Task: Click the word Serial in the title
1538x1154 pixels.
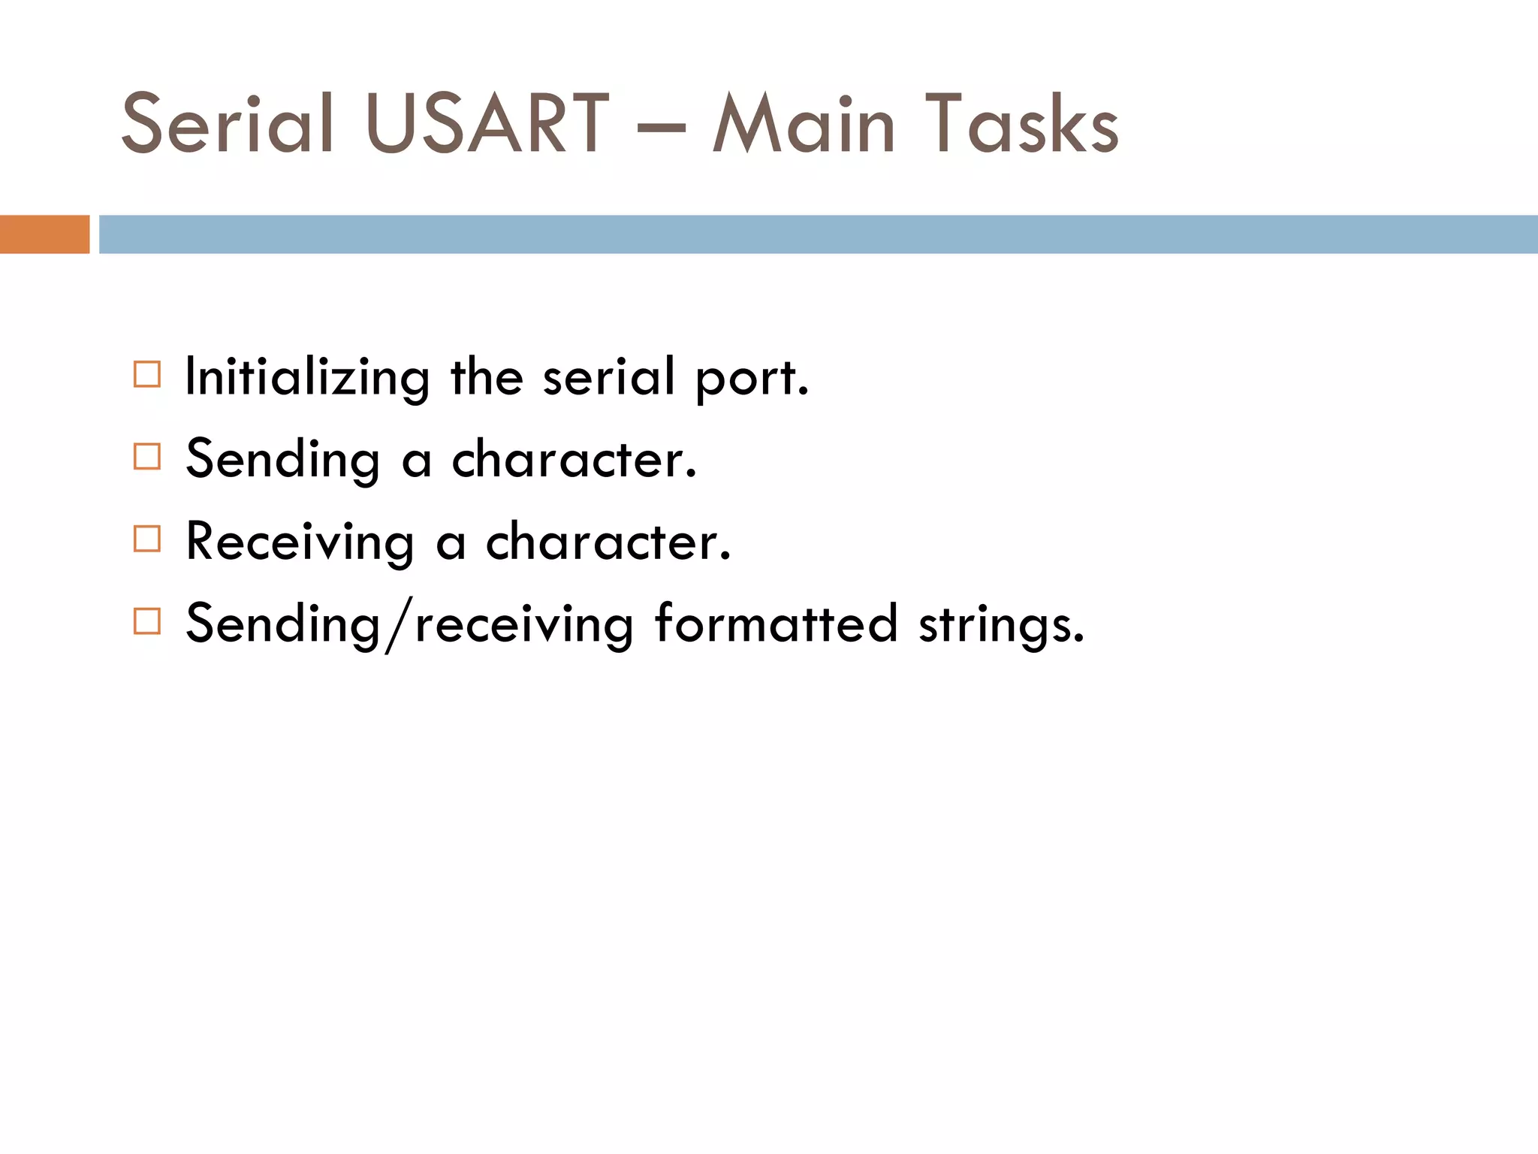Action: pyautogui.click(x=227, y=124)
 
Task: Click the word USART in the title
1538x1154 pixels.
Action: pyautogui.click(x=487, y=124)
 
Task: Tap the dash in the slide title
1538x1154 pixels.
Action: pyautogui.click(x=661, y=126)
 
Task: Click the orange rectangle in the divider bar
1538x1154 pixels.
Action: pyautogui.click(x=44, y=234)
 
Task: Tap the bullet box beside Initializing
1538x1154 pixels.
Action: pyautogui.click(x=147, y=374)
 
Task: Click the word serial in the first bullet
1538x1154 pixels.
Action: pyautogui.click(x=608, y=376)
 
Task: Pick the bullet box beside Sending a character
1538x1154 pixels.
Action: pyautogui.click(x=147, y=456)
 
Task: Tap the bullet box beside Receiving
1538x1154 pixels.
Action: pyautogui.click(x=147, y=539)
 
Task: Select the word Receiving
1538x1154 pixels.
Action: pyautogui.click(x=300, y=542)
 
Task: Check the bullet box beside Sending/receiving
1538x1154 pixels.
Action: pyautogui.click(x=147, y=621)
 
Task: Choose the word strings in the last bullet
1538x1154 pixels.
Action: pyautogui.click(x=1000, y=626)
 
